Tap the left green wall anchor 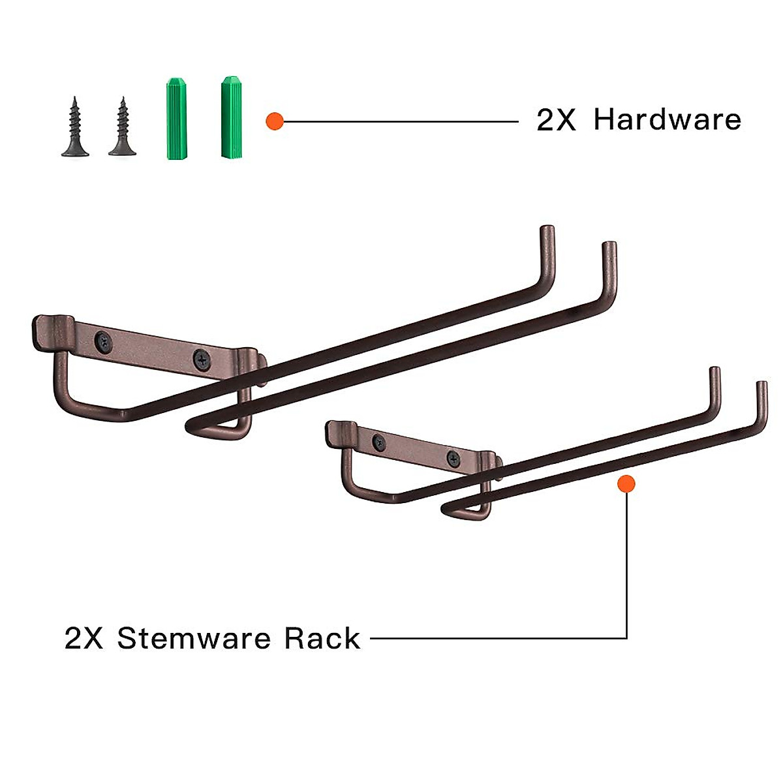[174, 119]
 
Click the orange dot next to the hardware [275, 121]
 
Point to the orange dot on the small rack [626, 484]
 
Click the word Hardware [667, 121]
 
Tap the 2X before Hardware [556, 121]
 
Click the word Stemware [192, 638]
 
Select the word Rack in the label [322, 638]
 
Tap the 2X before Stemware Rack [84, 638]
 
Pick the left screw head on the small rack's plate [378, 443]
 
